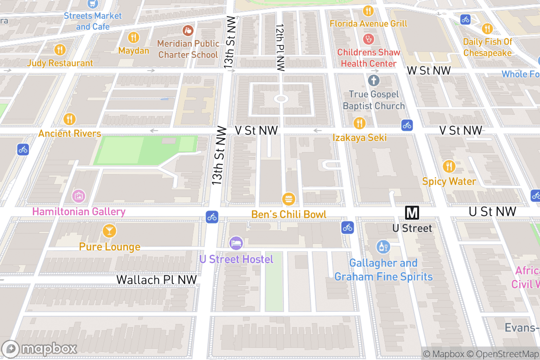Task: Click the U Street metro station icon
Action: tap(412, 212)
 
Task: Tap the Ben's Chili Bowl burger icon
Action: tap(288, 198)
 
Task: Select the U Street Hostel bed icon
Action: tap(236, 243)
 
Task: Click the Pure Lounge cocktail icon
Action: tap(109, 231)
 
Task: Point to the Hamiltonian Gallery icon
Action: tap(79, 196)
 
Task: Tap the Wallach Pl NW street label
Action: tap(157, 279)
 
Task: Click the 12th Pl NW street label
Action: tap(280, 47)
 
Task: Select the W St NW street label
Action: tap(428, 71)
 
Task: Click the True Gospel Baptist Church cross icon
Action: tap(373, 81)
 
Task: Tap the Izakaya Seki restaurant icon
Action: tap(359, 122)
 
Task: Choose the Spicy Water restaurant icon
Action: tap(449, 166)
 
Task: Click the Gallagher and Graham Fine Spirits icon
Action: tap(383, 247)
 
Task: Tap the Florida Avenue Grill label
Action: tap(368, 23)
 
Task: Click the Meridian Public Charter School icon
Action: tap(188, 30)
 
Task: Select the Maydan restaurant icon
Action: tap(134, 37)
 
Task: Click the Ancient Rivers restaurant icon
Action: tap(69, 119)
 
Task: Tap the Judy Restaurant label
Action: tap(60, 63)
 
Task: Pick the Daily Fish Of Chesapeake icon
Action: tap(487, 29)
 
